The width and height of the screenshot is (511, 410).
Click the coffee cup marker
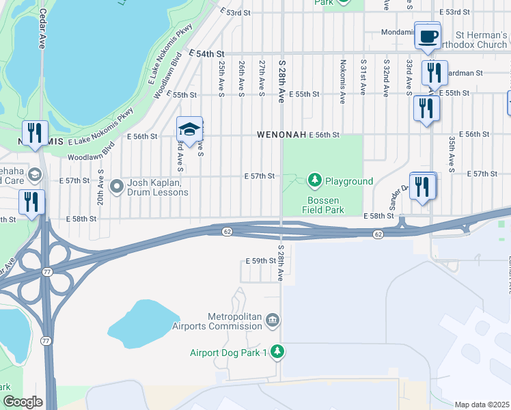[x=428, y=37]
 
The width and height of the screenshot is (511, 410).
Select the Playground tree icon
[x=314, y=180]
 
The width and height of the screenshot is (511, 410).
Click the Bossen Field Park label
[x=326, y=205]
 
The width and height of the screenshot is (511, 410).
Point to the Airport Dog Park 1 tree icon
[x=277, y=352]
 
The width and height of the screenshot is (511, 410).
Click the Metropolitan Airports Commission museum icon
[x=273, y=320]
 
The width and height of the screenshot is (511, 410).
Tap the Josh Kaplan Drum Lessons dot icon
[x=117, y=186]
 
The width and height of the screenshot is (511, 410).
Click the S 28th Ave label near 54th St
[x=281, y=80]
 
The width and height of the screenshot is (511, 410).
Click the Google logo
[x=23, y=402]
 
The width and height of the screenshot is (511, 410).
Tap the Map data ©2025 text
[x=482, y=405]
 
